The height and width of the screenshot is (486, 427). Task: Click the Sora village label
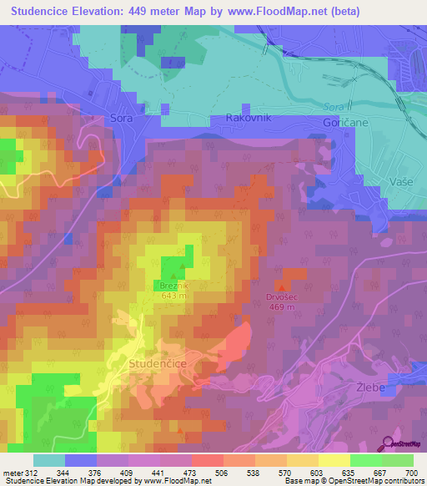(x=122, y=119)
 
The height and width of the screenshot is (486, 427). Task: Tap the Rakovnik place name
(x=248, y=119)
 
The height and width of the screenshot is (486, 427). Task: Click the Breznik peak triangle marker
(x=174, y=276)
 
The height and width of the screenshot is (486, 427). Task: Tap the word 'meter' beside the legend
(x=12, y=473)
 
